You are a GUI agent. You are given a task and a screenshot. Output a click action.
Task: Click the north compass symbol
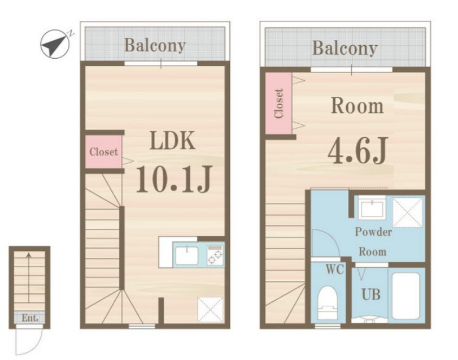tap(55, 44)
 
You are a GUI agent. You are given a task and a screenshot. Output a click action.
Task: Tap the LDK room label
tap(172, 141)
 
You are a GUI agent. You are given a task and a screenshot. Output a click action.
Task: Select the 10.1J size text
tap(173, 179)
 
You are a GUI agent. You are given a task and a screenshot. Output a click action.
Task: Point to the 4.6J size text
tap(357, 150)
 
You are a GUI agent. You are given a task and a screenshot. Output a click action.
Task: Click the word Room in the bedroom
tap(357, 106)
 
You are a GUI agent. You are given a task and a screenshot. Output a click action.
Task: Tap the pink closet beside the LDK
tap(103, 151)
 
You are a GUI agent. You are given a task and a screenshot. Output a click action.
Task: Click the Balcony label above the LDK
tap(155, 46)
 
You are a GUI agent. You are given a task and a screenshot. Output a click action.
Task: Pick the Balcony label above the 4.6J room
tap(345, 48)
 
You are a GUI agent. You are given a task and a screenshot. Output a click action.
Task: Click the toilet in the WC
tap(328, 303)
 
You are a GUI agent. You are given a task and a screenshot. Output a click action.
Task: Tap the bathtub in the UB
tap(405, 296)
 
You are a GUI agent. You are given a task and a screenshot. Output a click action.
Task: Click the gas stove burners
tap(215, 255)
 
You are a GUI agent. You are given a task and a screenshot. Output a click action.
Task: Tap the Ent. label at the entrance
tap(30, 318)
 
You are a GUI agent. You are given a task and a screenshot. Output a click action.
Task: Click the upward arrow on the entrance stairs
tap(29, 277)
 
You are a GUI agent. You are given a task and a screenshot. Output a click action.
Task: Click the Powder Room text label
tap(373, 242)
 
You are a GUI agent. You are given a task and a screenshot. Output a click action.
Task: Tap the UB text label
tap(371, 294)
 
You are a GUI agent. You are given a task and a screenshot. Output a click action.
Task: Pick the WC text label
tap(335, 270)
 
